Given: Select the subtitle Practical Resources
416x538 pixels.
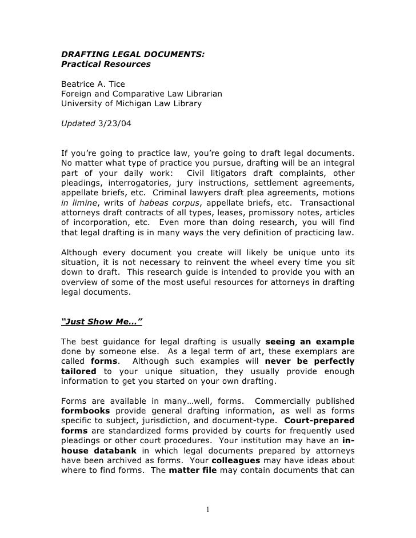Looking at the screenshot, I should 106,65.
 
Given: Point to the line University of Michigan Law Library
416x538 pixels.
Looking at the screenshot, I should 131,103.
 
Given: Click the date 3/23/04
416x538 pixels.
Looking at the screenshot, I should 114,123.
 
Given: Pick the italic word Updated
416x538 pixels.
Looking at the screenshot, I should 79,123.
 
